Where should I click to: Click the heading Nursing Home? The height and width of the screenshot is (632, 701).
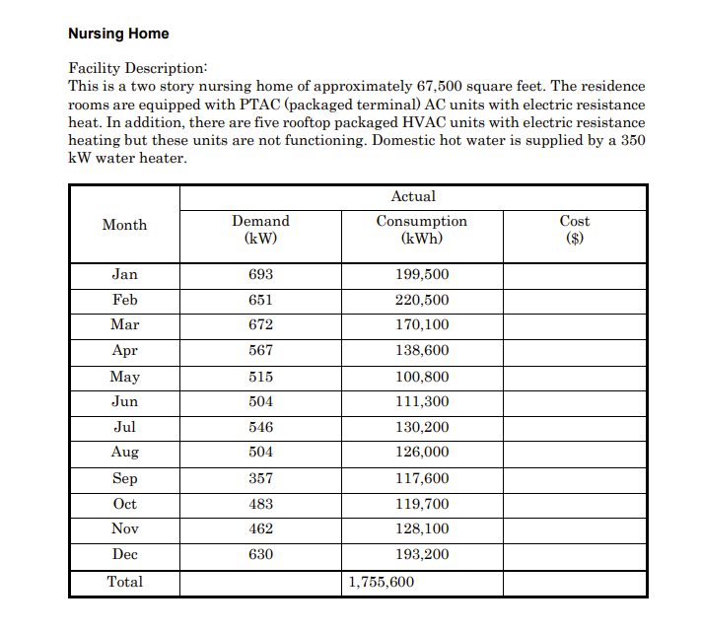point(118,34)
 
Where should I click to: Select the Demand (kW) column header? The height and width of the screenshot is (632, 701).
point(260,230)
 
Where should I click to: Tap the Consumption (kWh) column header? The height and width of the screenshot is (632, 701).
point(422,230)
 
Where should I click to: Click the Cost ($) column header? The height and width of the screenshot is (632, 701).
point(574,230)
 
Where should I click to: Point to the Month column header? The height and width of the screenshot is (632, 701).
point(124,225)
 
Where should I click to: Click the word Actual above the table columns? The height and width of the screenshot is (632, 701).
point(412,196)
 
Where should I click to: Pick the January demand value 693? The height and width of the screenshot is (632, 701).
point(260,274)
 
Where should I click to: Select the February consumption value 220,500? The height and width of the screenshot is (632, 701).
point(422,300)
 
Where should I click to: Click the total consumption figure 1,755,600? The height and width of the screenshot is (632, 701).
point(382,582)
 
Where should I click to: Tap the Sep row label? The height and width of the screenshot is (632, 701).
point(124,478)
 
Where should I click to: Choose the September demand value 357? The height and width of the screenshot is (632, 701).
point(260,478)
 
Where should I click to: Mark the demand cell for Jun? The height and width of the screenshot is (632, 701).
point(260,401)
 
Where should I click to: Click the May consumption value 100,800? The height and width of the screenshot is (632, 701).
point(422,377)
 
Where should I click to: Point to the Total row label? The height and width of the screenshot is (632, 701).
point(124,582)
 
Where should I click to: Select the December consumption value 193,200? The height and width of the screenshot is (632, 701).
point(422,555)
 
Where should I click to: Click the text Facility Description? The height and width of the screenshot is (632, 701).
point(138,68)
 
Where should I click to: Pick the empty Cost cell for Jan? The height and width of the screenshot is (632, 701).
point(574,274)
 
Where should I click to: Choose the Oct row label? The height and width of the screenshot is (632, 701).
point(124,504)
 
